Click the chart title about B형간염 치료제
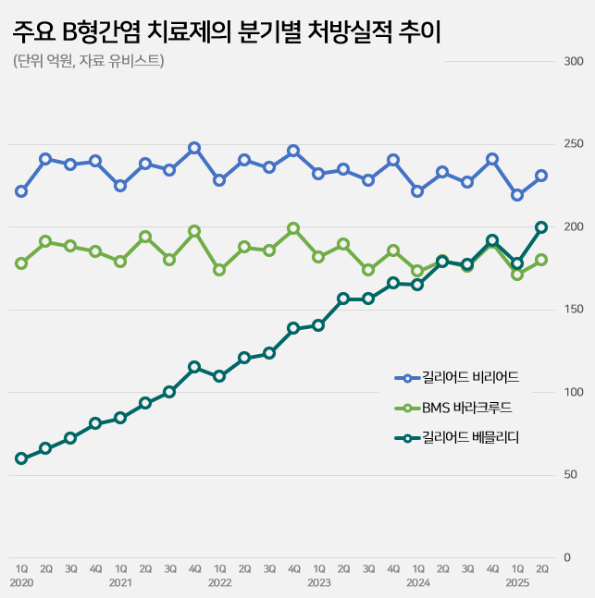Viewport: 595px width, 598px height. [x=227, y=33]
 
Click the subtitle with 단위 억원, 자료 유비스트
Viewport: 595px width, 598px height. [x=89, y=62]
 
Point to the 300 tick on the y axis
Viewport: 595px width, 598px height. [x=573, y=62]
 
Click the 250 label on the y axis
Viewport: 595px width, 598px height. [x=573, y=144]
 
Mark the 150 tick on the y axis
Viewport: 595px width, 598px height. [x=573, y=310]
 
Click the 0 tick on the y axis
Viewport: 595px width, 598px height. [x=566, y=557]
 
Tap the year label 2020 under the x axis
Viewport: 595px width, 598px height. [x=21, y=583]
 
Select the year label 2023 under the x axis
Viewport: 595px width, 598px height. [x=318, y=583]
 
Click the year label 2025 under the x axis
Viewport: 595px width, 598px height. [x=517, y=583]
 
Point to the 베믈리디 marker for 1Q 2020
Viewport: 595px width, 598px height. [x=21, y=458]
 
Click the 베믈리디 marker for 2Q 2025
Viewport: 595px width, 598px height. [x=542, y=227]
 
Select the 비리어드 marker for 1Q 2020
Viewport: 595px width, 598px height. [x=21, y=191]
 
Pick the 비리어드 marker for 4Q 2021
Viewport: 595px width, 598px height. [x=194, y=148]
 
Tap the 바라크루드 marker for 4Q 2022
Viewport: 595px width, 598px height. [x=293, y=228]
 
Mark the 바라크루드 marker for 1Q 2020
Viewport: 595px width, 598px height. [x=21, y=263]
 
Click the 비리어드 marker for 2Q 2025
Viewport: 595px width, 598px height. [x=542, y=176]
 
